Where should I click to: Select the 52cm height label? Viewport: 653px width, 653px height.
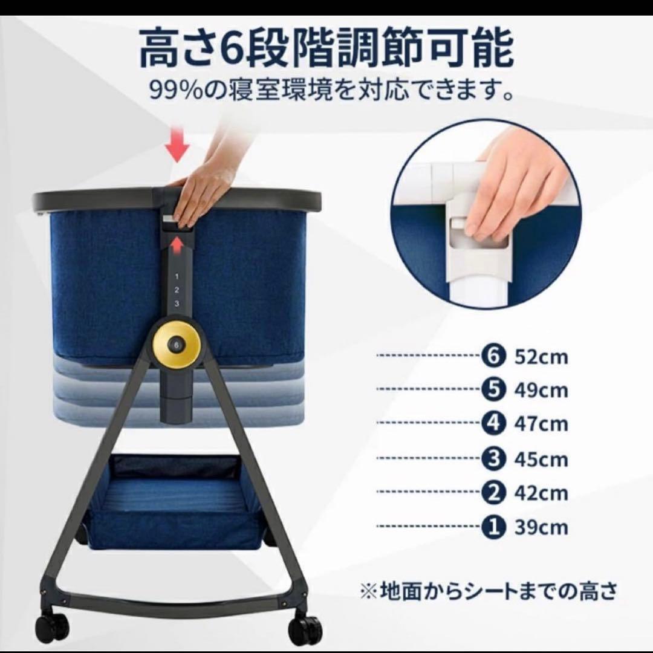[x=541, y=357]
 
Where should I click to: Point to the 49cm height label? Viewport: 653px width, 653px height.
[x=541, y=391]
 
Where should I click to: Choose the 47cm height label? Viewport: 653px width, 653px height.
[x=541, y=424]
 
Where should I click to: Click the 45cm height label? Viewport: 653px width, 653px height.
[x=541, y=459]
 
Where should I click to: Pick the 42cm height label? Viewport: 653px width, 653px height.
[x=541, y=493]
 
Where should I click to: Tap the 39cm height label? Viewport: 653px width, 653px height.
[x=541, y=527]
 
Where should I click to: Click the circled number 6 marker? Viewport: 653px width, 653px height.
[x=493, y=356]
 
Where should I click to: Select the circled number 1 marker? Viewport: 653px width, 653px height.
[x=493, y=527]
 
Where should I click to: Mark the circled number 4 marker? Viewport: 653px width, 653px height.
[x=493, y=424]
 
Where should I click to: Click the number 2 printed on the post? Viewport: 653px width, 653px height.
[x=176, y=290]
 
